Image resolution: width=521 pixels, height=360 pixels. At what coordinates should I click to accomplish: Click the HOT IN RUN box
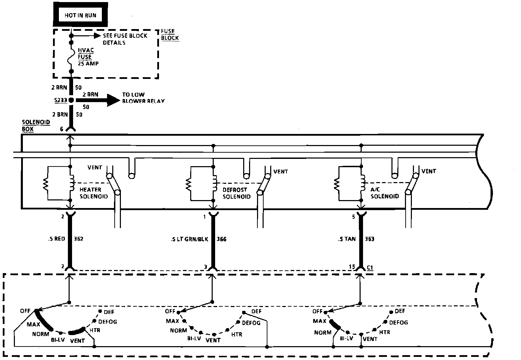80,15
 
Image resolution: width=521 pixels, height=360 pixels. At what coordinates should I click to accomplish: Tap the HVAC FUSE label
86,53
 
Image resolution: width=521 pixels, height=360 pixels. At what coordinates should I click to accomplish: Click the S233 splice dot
71,100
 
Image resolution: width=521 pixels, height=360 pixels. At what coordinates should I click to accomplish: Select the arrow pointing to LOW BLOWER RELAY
98,100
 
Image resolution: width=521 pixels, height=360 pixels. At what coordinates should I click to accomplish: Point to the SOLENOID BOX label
36,126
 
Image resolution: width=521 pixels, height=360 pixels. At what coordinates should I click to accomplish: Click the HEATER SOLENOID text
94,193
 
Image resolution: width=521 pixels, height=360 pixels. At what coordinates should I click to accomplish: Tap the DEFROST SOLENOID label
237,193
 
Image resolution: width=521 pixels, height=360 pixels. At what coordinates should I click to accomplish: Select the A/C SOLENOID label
385,193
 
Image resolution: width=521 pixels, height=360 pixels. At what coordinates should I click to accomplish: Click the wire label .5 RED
57,239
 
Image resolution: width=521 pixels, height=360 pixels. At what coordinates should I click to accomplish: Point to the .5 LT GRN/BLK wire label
189,239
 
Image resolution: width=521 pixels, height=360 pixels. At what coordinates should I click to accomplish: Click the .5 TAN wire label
347,239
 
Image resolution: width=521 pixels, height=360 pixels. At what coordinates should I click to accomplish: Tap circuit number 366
221,239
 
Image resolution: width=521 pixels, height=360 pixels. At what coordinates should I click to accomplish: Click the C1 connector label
370,268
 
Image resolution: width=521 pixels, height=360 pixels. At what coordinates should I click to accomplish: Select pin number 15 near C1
352,267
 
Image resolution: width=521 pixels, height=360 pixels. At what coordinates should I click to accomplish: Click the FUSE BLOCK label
170,35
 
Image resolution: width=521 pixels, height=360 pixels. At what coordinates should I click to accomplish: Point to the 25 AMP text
88,63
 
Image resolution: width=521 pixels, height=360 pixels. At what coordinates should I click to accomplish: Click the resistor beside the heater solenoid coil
46,184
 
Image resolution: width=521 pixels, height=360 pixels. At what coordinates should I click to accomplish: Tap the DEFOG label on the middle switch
251,323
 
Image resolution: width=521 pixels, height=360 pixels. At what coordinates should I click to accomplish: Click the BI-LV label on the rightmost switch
346,339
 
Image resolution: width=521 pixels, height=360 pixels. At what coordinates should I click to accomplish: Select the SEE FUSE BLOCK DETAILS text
125,39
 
